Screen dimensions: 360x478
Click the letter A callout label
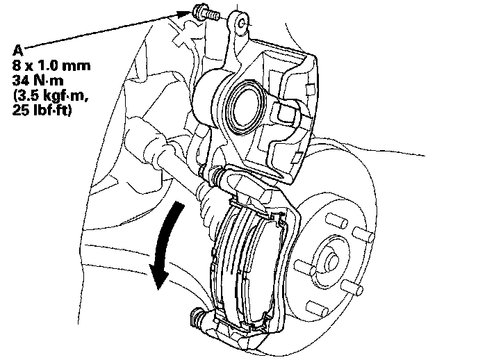[17, 49]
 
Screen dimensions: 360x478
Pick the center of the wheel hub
[332, 257]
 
